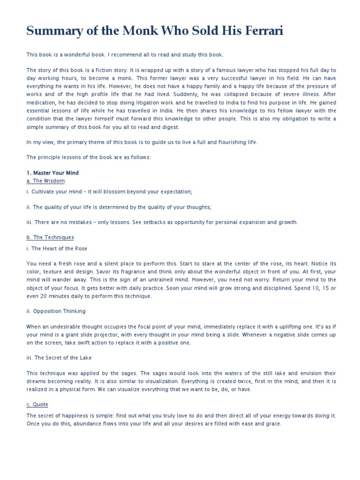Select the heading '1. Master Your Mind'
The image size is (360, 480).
[x=52, y=173]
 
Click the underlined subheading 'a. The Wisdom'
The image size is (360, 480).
[x=45, y=181]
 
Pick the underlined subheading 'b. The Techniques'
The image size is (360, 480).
[x=50, y=238]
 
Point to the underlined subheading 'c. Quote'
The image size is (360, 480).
[x=37, y=405]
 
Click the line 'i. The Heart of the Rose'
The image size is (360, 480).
[x=57, y=248]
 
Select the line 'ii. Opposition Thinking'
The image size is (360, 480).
[x=56, y=311]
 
